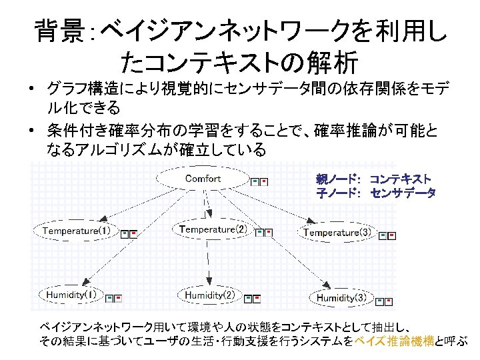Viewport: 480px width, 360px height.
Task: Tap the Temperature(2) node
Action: point(213,229)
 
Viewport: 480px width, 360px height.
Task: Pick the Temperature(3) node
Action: point(337,232)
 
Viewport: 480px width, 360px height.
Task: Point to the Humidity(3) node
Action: point(341,297)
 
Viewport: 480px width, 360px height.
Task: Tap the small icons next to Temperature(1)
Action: point(129,233)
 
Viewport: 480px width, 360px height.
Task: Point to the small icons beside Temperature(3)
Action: point(387,235)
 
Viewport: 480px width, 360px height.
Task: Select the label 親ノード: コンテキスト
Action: point(373,179)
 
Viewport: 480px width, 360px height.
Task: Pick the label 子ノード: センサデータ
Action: point(376,193)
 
